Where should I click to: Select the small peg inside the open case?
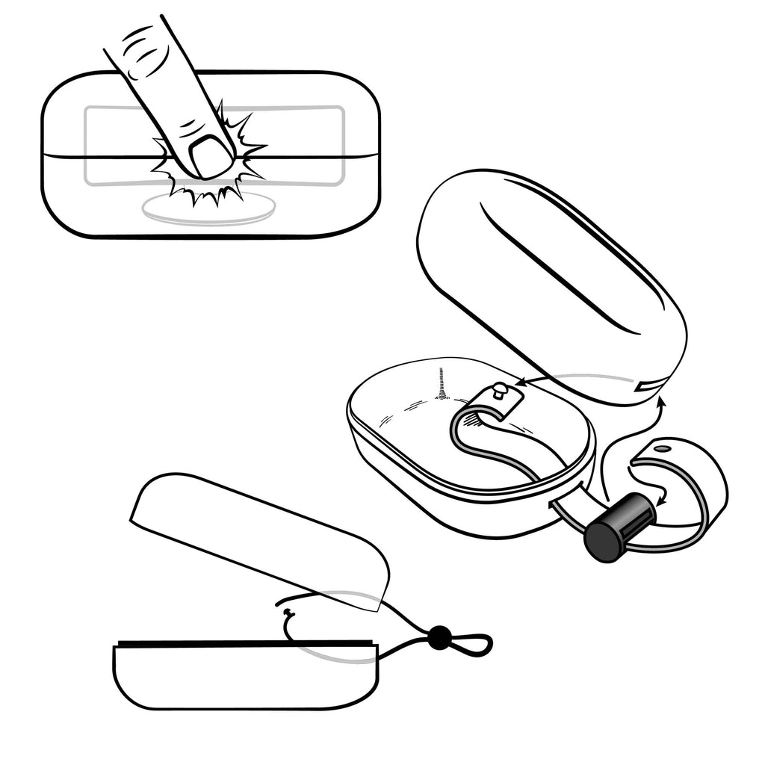click(x=500, y=389)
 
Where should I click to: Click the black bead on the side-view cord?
click(x=438, y=637)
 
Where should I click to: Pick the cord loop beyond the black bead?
click(x=471, y=642)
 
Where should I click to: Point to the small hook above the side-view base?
click(x=289, y=614)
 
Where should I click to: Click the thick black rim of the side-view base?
click(x=243, y=642)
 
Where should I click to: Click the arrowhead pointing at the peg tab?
click(x=520, y=383)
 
